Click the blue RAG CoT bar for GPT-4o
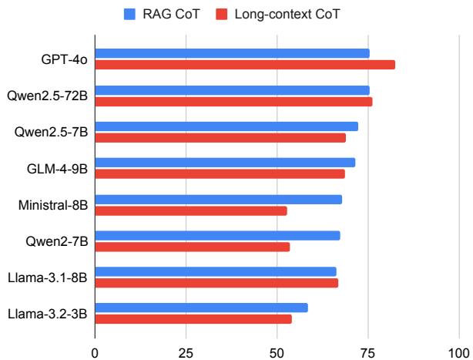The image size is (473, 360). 231,53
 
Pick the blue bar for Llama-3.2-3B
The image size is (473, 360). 201,308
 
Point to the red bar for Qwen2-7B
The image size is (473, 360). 192,247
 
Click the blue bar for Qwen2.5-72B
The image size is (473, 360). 231,90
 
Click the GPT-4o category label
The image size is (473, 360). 65,59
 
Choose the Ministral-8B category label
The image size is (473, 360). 53,205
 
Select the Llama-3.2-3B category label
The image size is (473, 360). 48,314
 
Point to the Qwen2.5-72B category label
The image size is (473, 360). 49,96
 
